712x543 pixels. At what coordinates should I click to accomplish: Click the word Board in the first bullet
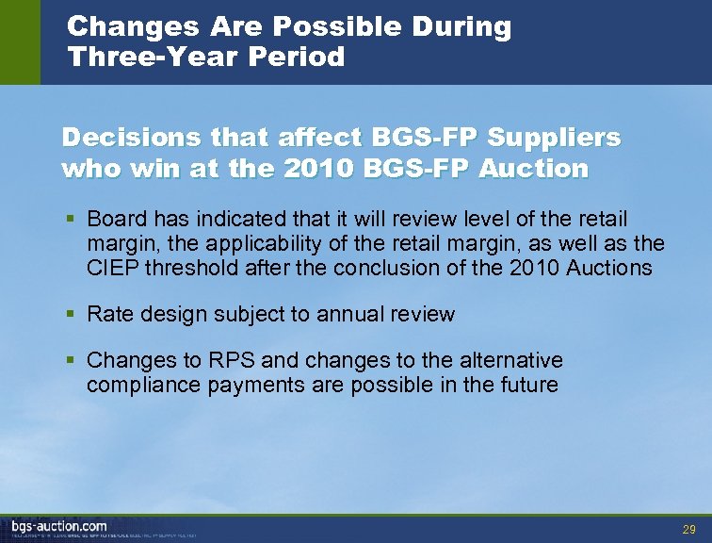click(x=113, y=219)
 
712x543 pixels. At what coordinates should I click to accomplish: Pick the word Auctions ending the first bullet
click(x=610, y=268)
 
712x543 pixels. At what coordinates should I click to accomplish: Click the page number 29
click(x=688, y=530)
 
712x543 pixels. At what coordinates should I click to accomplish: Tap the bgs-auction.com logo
click(x=58, y=525)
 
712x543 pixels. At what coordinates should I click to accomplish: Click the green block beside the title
click(x=20, y=41)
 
